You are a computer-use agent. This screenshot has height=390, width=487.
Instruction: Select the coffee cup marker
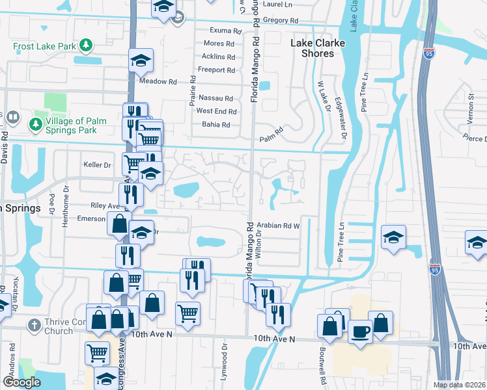[x=360, y=331]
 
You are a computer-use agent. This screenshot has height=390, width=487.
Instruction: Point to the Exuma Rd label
[x=225, y=31]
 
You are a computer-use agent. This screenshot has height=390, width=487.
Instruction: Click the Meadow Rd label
[x=158, y=82]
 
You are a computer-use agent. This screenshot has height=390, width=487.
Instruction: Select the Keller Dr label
[x=98, y=165]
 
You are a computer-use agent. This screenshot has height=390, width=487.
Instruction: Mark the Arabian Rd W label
[x=277, y=226]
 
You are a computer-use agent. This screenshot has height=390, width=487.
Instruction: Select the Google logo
[x=21, y=382]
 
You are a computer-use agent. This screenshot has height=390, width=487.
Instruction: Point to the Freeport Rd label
[x=217, y=70]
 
